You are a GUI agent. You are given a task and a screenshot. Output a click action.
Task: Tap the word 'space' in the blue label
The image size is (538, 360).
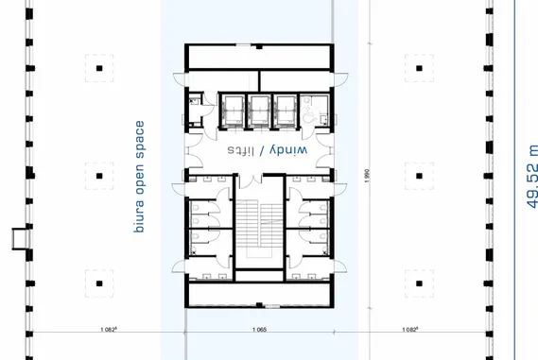pos(140,136)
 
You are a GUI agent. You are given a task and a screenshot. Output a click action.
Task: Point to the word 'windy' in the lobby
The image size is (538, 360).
pos(288,150)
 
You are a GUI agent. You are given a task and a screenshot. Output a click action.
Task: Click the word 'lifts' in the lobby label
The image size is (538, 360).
pos(241,150)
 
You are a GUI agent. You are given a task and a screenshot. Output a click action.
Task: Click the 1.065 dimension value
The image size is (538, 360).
pos(259,330)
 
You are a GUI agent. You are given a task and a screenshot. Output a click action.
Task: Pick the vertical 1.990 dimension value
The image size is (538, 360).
pos(367,176)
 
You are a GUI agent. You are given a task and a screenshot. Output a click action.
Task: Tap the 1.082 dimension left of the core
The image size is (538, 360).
pos(109,330)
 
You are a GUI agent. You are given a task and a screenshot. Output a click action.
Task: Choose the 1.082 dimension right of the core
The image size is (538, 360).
pos(410,330)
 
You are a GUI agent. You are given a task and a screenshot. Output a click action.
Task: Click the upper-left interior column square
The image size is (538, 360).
pos(99,68)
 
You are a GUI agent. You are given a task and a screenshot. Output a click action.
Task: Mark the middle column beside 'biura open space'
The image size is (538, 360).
pos(99,176)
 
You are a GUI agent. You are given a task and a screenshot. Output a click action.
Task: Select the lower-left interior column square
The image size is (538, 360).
pos(99,283)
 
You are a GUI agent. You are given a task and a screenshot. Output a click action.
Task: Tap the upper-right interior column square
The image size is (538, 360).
pos(419,68)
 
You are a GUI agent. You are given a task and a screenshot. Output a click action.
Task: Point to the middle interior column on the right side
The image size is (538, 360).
pos(419,176)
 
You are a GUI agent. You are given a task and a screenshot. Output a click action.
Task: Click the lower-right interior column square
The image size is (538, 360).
pos(419,283)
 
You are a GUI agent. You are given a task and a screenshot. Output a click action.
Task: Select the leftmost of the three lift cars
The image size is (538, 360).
pos(234,110)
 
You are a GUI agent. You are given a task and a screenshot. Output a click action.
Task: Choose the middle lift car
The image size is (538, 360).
pos(259,110)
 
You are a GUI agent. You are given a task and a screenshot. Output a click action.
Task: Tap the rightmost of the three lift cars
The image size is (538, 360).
pos(286,110)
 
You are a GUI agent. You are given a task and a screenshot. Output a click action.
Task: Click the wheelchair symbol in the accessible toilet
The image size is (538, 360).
pos(310,114)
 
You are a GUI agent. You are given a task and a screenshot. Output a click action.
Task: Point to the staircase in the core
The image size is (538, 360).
pos(259,225)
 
